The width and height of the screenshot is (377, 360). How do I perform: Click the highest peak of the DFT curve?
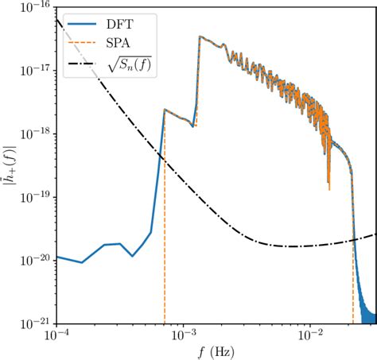coord(200,37)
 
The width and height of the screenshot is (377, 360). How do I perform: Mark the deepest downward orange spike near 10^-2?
coord(328,190)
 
